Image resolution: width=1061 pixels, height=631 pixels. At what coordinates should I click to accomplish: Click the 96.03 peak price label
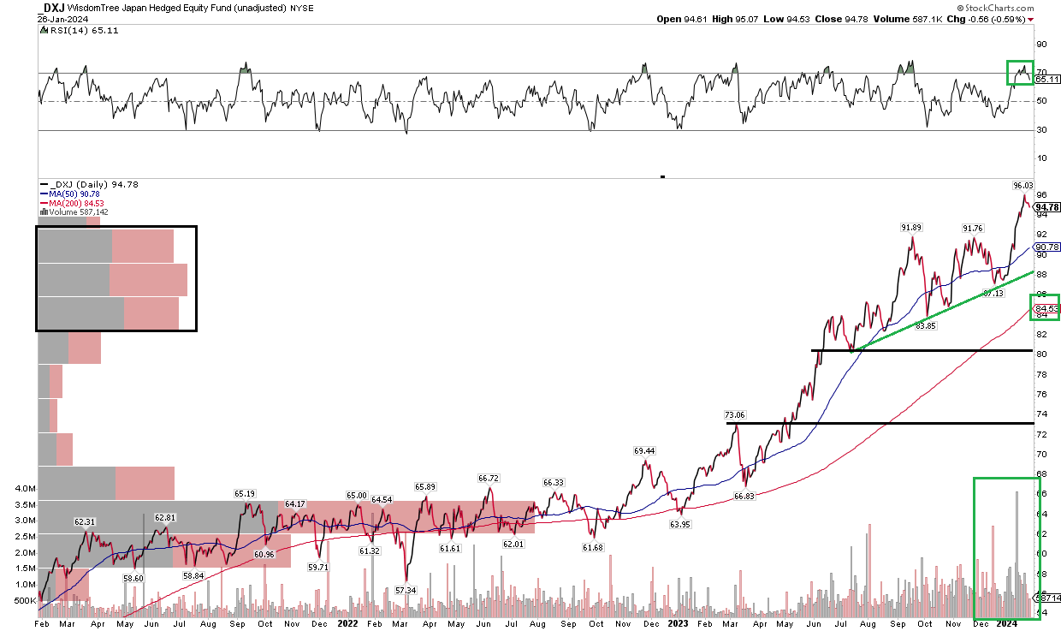coord(1023,185)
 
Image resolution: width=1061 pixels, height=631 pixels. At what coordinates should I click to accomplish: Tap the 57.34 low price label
coord(406,591)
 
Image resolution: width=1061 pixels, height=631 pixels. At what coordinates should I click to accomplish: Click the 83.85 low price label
coord(927,325)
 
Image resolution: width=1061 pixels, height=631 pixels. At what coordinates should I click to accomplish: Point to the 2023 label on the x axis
coord(678,623)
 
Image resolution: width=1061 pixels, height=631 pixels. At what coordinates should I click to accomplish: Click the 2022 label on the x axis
coord(347,623)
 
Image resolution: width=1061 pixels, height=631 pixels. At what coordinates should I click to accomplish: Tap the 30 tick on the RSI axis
coord(1041,130)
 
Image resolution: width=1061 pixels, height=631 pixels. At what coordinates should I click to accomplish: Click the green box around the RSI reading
coord(1019,73)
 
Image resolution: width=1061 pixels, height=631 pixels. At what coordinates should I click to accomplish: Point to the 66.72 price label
coord(489,478)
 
